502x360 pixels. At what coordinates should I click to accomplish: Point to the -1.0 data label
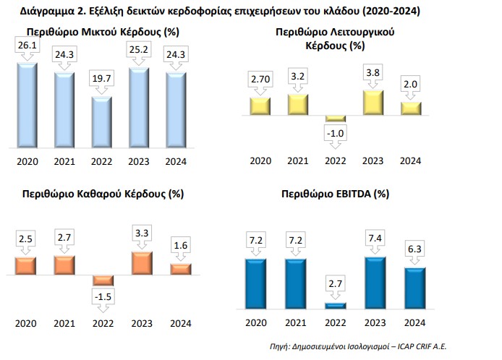334,135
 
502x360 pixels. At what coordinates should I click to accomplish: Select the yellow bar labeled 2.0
411,108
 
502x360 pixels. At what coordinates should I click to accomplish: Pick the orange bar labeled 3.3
141,262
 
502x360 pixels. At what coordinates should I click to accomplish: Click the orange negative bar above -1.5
103,280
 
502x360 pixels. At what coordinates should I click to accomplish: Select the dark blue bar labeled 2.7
334,305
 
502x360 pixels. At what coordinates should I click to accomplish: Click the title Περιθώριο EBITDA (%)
334,194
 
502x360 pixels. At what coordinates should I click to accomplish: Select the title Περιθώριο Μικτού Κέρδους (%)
103,33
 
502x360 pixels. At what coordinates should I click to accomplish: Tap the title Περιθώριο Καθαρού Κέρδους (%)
103,194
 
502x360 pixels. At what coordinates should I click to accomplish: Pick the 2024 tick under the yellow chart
411,161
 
